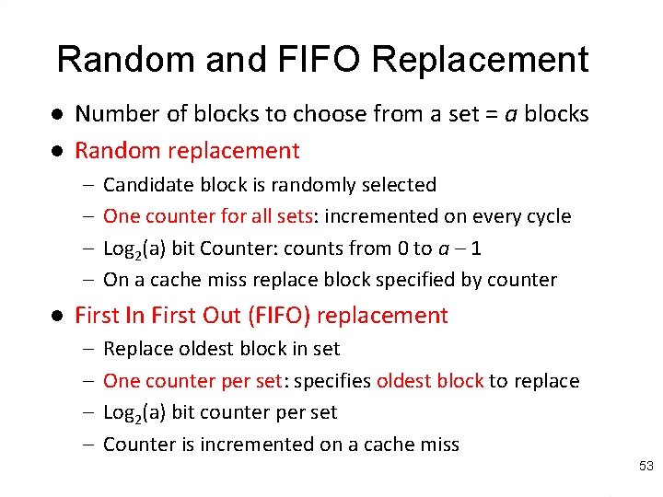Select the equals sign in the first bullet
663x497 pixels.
click(x=489, y=114)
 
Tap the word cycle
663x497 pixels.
click(x=548, y=216)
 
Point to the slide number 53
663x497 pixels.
click(x=646, y=468)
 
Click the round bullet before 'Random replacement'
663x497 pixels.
click(x=57, y=150)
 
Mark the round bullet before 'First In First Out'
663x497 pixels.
click(x=57, y=316)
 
